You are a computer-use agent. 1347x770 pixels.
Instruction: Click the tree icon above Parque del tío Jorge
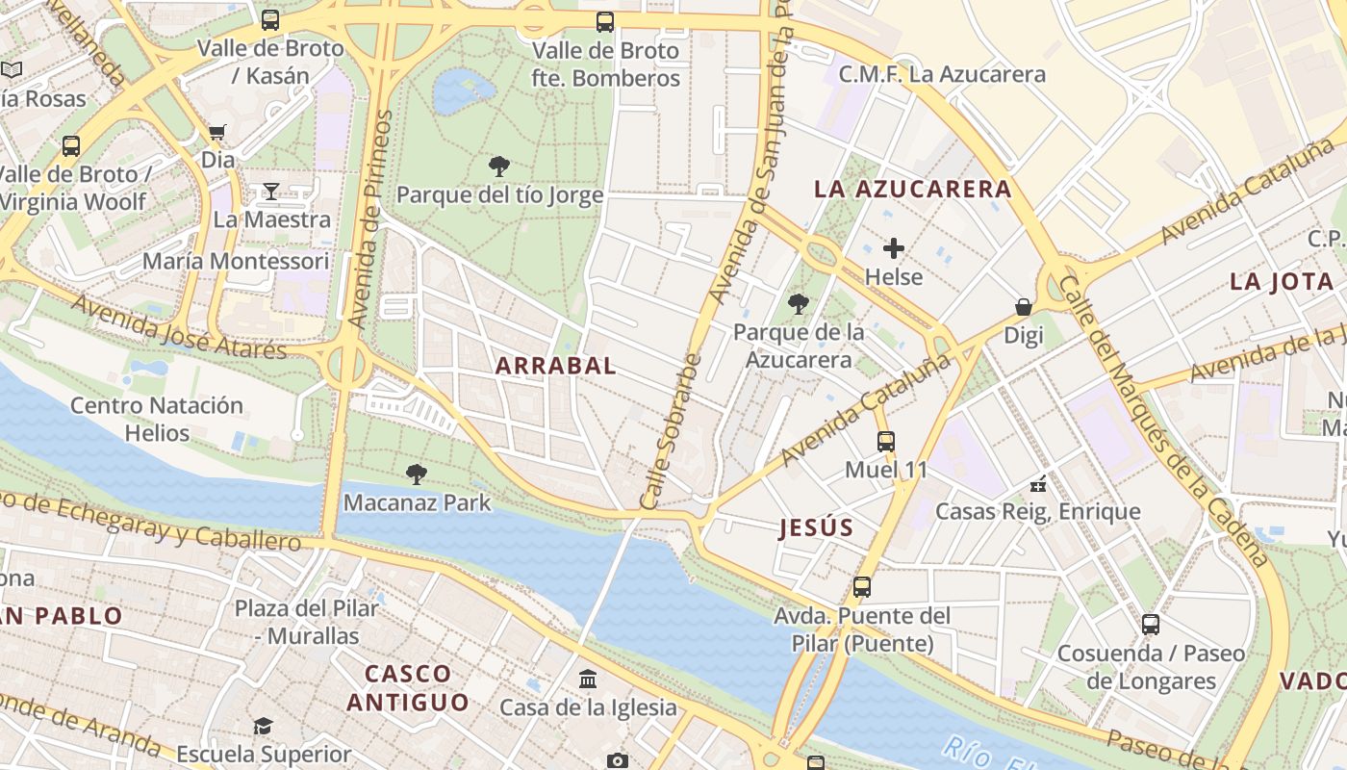pyautogui.click(x=499, y=167)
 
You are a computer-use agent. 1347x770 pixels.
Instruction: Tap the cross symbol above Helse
pyautogui.click(x=894, y=248)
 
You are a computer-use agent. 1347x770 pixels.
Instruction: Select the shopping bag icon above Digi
pyautogui.click(x=1024, y=307)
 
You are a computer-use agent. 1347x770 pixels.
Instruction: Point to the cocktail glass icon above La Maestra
pyautogui.click(x=271, y=192)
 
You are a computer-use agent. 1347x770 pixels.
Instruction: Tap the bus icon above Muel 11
pyautogui.click(x=885, y=442)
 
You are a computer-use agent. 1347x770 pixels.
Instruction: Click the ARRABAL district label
pyautogui.click(x=556, y=366)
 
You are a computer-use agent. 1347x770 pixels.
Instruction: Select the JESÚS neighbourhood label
pyautogui.click(x=816, y=527)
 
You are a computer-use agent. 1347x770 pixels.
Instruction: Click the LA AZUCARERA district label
pyautogui.click(x=913, y=189)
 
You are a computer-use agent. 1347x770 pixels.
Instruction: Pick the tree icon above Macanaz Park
pyautogui.click(x=417, y=474)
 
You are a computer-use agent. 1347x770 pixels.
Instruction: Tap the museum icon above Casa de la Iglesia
pyautogui.click(x=588, y=680)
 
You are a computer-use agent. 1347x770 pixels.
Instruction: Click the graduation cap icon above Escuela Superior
pyautogui.click(x=263, y=726)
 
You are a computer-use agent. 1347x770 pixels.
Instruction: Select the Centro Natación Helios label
pyautogui.click(x=156, y=419)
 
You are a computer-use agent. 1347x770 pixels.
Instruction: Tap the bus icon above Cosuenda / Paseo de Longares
pyautogui.click(x=1151, y=625)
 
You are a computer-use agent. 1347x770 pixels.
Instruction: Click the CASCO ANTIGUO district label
pyautogui.click(x=408, y=687)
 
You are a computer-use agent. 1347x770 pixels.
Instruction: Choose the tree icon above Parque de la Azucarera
pyautogui.click(x=798, y=304)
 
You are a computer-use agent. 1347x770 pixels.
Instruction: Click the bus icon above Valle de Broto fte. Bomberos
pyautogui.click(x=605, y=21)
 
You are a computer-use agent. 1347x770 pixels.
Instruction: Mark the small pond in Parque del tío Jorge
pyautogui.click(x=462, y=90)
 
